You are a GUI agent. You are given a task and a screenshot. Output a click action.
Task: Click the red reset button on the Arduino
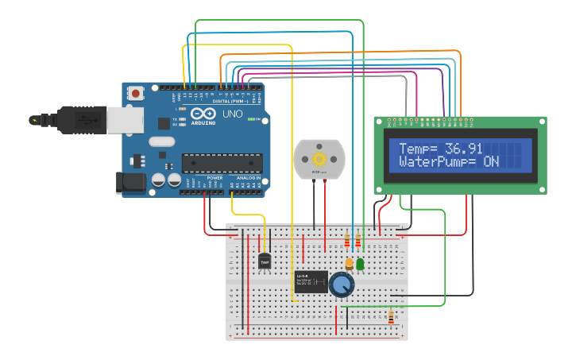(136, 93)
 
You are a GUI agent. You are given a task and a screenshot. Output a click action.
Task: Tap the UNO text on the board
(232, 114)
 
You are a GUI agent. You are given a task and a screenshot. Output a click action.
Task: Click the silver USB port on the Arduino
(125, 118)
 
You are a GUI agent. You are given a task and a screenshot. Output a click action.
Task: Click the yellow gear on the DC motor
(319, 157)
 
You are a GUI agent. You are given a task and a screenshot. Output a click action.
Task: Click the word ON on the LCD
(491, 161)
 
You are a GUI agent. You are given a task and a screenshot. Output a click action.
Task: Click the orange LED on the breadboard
(349, 263)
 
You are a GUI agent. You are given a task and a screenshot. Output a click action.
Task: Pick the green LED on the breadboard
(360, 262)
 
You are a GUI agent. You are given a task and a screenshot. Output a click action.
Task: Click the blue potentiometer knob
(342, 285)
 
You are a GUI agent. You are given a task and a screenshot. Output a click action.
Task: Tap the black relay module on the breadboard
(311, 281)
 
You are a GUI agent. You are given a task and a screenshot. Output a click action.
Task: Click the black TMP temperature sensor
(265, 260)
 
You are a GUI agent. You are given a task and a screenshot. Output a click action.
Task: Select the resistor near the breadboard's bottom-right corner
(391, 317)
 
